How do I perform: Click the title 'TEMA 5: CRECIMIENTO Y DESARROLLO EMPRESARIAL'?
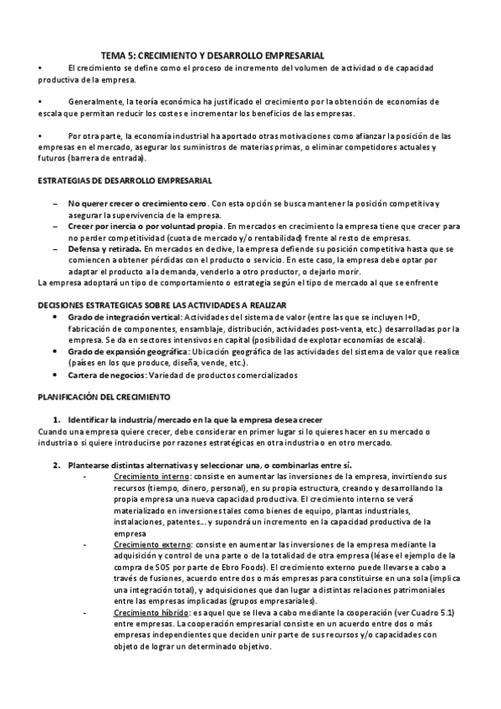(218, 54)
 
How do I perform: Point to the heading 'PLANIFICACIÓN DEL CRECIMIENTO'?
(105, 395)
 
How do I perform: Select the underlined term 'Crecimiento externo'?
(151, 544)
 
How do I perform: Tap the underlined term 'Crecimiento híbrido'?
(151, 613)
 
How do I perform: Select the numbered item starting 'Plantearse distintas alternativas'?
(210, 464)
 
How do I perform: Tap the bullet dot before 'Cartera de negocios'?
(56, 375)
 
